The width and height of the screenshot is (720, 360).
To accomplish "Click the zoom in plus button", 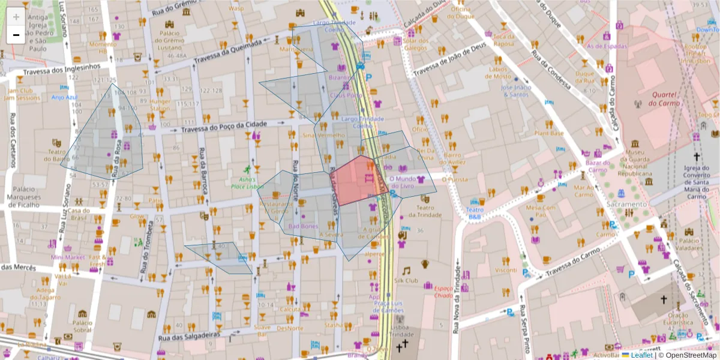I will pyautogui.click(x=16, y=17).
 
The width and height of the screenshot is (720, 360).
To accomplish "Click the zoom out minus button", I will pyautogui.click(x=16, y=35).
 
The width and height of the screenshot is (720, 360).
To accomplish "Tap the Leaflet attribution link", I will pyautogui.click(x=641, y=355).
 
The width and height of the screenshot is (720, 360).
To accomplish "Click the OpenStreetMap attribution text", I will pyautogui.click(x=688, y=355).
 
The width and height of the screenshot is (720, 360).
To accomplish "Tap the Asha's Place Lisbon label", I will pyautogui.click(x=247, y=182).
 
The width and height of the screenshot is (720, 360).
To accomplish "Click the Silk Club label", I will pyautogui.click(x=406, y=280).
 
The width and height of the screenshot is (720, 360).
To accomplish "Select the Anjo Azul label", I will pyautogui.click(x=65, y=97).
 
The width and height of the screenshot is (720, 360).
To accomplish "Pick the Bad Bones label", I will pyautogui.click(x=303, y=226).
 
